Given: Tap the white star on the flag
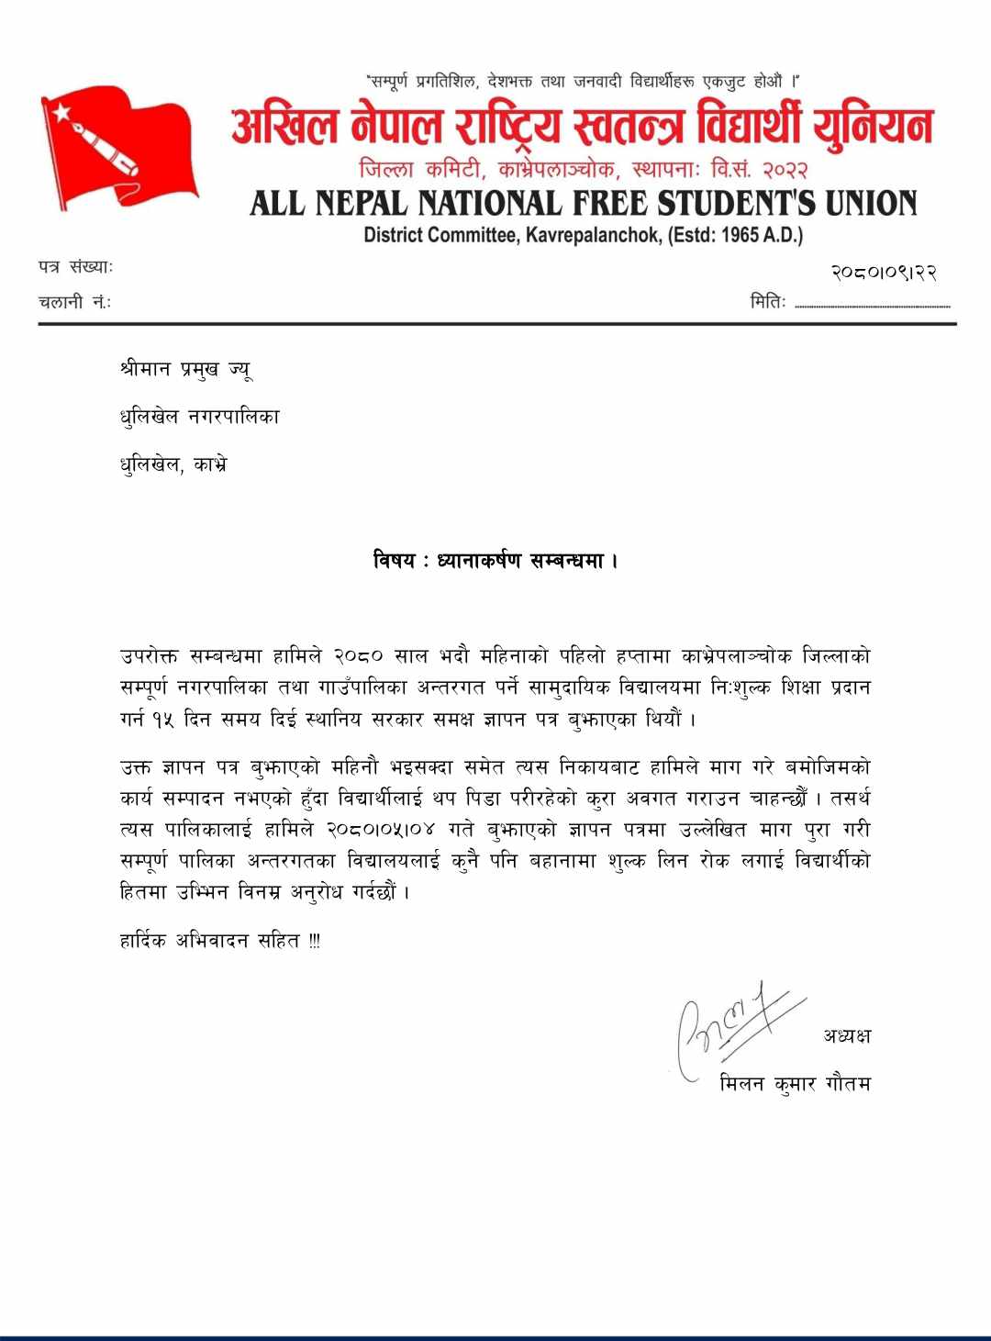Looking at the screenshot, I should (63, 114).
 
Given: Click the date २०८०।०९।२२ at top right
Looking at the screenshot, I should (883, 273).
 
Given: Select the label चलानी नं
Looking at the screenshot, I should (74, 301).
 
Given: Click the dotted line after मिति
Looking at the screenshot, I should (872, 306).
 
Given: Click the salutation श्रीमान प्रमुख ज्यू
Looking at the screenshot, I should (185, 370).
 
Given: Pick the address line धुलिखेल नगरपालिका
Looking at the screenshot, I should (199, 417).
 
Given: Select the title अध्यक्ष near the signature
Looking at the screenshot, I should (847, 1036).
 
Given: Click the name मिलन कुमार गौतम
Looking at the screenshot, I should (796, 1084).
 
